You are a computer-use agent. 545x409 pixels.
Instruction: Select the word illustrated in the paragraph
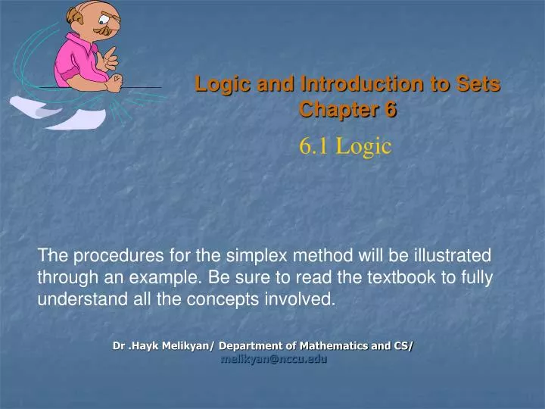click(x=447, y=255)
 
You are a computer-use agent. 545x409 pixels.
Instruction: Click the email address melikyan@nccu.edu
click(x=273, y=360)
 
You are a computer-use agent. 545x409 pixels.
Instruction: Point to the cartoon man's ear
click(x=76, y=14)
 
